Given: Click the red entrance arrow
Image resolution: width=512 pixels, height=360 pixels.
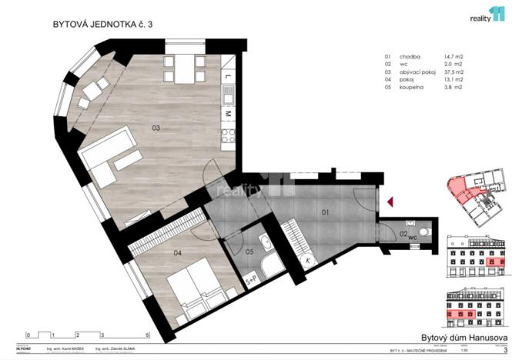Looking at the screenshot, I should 390,202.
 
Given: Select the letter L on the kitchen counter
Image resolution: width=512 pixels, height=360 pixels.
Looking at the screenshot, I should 229,77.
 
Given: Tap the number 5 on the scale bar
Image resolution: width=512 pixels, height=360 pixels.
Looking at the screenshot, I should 147,335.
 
